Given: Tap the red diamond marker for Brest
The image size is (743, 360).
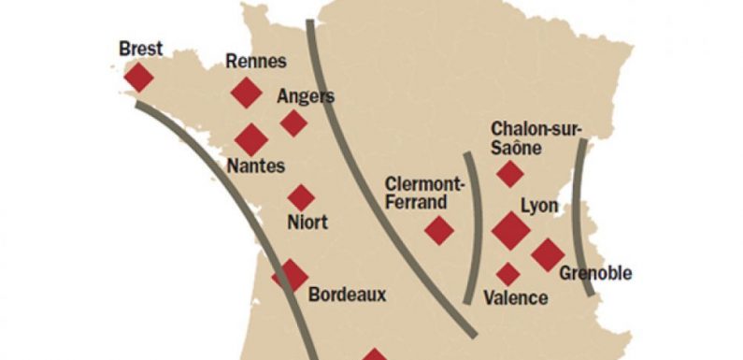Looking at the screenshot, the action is pos(137,78).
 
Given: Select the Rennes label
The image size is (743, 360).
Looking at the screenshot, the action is pos(255,63).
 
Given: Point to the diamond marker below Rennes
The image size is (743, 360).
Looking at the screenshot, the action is pos(246,93).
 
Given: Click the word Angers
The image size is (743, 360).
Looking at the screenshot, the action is pos(306,96).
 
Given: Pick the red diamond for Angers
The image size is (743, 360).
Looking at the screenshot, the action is pos(293,122).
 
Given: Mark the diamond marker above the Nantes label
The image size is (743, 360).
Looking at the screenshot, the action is pos(250,139).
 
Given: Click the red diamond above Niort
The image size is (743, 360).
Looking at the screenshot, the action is pos(301,197).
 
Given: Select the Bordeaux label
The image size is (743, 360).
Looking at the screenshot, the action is pos(347,295).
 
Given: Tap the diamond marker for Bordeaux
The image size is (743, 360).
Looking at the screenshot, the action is pos(290,276).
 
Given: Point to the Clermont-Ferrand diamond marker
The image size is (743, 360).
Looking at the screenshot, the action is pos(438,230).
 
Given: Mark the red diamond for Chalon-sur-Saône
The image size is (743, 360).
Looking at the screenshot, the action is pos(509,173).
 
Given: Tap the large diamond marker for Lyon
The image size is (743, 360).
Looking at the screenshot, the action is pos(510,230).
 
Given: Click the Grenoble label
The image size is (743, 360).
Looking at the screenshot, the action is pos(595,274).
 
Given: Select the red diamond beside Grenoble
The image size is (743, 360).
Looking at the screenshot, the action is pos(548,253).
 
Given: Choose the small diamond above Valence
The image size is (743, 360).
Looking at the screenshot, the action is pos(507,274).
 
